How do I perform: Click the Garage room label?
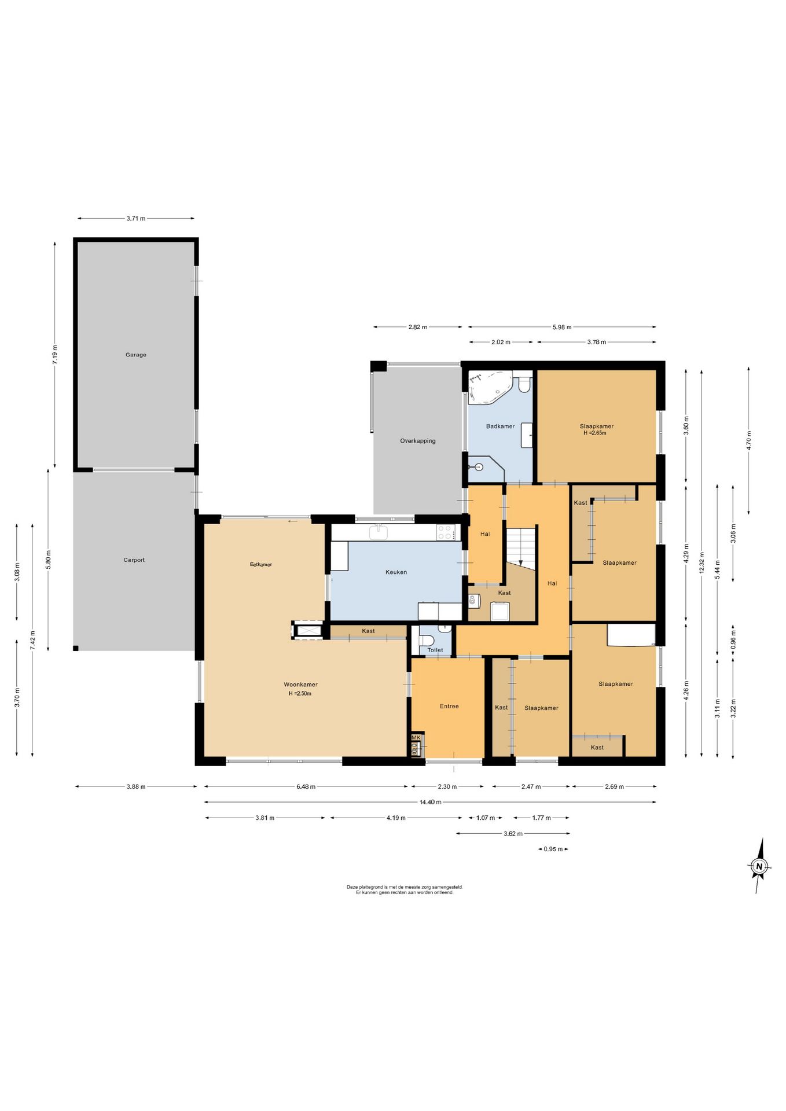coord(136,355)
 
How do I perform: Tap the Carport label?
coord(134,560)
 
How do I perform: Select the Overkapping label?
coord(418,441)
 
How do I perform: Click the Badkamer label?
coord(500,426)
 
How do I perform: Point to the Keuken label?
coord(396,572)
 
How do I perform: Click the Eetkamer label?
coord(261,565)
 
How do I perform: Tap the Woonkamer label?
coord(301,685)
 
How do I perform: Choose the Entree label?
coord(449,707)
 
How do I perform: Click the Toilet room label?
coord(435,650)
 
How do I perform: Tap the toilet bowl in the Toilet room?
coord(427,640)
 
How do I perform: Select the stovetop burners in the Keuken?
coord(445,532)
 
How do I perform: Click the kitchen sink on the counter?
coord(379,532)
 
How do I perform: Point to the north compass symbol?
coord(759,866)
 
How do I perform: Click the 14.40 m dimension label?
coord(430,802)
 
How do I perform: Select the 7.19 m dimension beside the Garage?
coord(55,354)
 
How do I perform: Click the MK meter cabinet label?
coord(416,738)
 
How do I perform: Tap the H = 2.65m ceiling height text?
coord(595,433)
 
